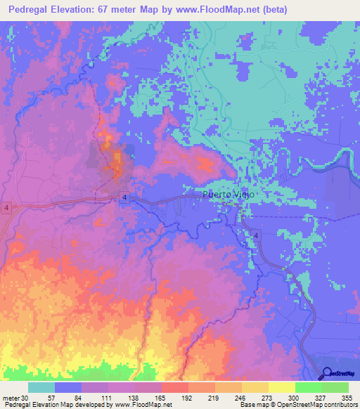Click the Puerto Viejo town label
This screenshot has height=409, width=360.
[x=226, y=195]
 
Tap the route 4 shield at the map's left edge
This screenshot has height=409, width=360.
[x=5, y=209]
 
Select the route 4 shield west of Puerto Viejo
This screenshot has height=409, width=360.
[x=123, y=197]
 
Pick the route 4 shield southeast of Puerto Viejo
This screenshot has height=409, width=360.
[x=257, y=235]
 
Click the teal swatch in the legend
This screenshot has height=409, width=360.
[x=41, y=387]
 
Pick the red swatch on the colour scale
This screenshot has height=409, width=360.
[x=175, y=387]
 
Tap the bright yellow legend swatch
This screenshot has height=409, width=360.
[x=282, y=387]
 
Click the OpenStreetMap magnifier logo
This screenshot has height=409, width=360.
[x=328, y=373]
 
